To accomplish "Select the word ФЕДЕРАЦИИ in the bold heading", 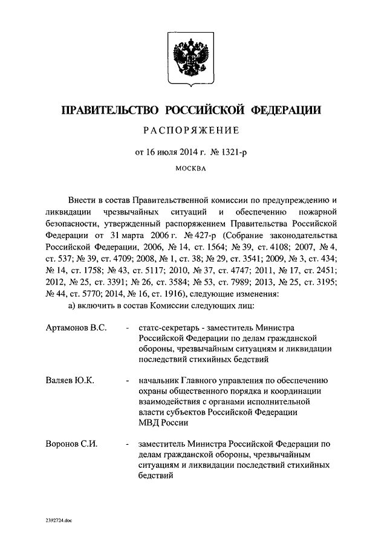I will (287, 110).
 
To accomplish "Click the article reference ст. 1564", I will (209, 246).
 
